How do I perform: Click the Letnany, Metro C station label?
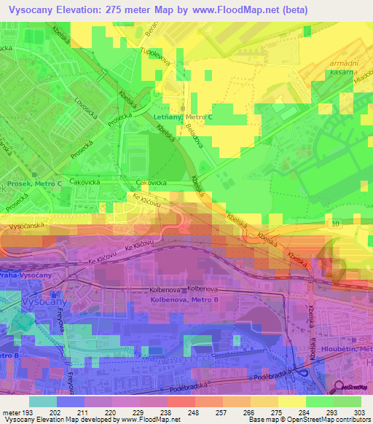point(184,117)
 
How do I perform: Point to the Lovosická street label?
point(84,114)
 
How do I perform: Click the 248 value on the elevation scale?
point(194,413)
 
